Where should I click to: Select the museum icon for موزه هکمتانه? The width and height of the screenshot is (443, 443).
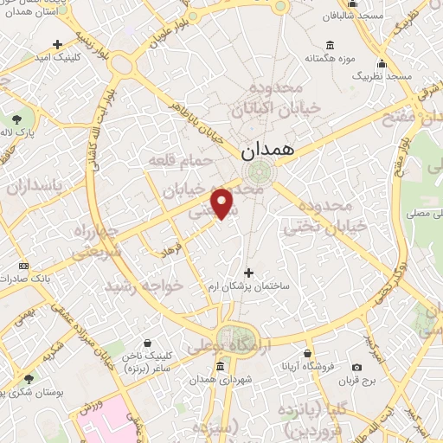point(330,46)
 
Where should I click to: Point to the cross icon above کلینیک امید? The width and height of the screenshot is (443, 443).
point(57,44)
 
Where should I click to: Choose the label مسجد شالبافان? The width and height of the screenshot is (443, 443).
point(358,16)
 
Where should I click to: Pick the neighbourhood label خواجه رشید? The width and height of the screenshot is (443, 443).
point(143,285)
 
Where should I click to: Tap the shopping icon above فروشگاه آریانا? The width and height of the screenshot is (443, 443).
point(309,353)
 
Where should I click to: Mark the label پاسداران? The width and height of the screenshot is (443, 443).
point(35,186)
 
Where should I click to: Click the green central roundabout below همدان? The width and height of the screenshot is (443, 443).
point(255,170)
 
